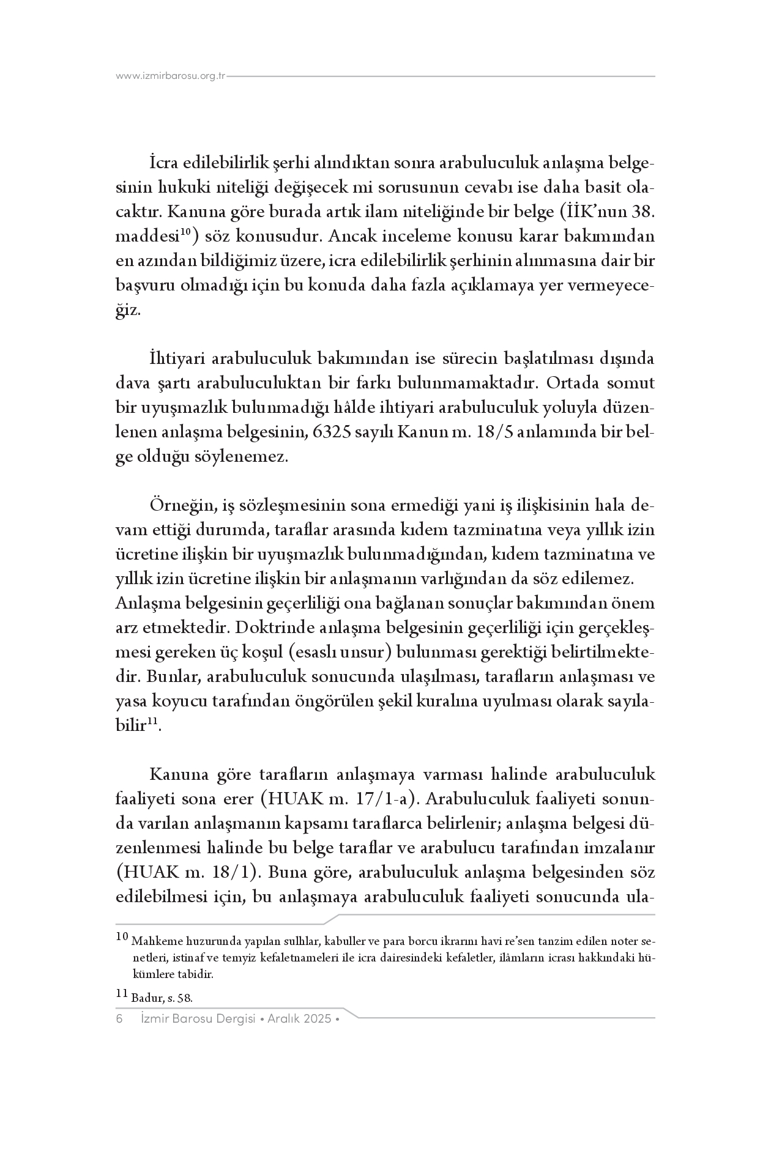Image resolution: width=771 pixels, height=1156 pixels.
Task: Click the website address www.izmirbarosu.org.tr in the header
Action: (x=171, y=76)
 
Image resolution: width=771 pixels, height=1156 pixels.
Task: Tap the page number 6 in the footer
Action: (x=119, y=1019)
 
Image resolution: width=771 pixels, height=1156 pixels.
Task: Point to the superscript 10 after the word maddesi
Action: (x=186, y=230)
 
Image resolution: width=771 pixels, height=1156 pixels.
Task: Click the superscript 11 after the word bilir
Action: (x=152, y=723)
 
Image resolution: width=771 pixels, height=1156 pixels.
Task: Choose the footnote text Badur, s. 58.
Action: (x=162, y=998)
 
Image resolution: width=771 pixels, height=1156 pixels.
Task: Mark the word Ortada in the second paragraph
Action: (x=573, y=383)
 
